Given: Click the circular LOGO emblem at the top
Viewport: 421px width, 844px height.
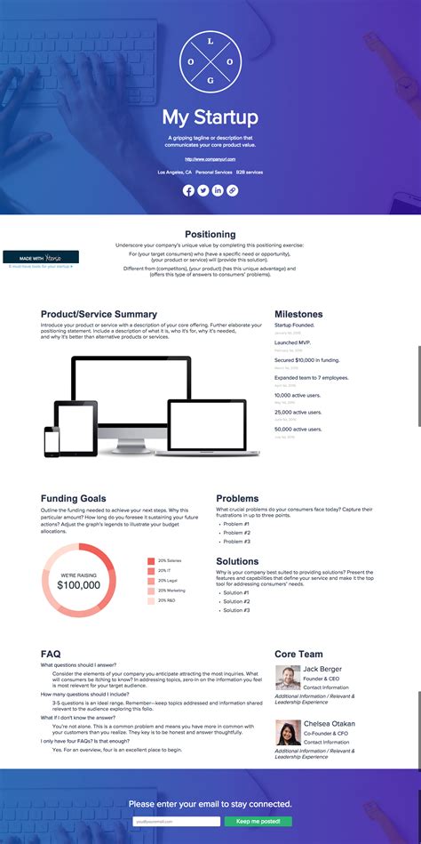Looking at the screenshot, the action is tap(210, 61).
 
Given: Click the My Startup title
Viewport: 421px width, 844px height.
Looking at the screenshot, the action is tap(210, 117).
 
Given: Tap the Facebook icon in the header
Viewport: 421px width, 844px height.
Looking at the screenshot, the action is tap(188, 190).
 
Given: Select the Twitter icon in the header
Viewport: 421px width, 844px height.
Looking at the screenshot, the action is tap(203, 190).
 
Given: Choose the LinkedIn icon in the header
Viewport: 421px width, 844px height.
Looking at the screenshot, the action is tap(218, 190).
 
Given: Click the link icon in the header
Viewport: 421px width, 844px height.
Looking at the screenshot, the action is tap(232, 190).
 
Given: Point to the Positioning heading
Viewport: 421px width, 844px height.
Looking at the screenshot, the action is tap(210, 235).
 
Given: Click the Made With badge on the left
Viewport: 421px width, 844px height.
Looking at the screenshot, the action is tap(41, 257).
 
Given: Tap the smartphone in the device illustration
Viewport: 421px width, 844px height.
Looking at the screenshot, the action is tap(52, 442).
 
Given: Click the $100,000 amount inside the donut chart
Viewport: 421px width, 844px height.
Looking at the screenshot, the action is tap(78, 585).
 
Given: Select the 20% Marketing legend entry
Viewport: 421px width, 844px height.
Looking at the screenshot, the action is tap(171, 590).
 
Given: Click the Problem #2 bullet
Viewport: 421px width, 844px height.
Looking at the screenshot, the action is tap(236, 532).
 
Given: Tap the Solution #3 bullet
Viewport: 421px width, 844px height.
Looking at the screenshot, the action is tap(236, 610).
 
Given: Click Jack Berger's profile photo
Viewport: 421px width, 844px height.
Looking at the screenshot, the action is tap(287, 677).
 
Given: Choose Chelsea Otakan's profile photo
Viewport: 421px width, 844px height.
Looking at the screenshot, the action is tap(287, 732).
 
